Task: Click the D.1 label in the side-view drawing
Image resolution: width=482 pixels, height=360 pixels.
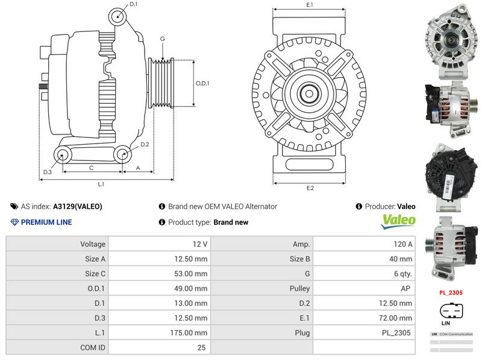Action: tap(134, 4)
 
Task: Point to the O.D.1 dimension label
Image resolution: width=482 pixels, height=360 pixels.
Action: tap(202, 83)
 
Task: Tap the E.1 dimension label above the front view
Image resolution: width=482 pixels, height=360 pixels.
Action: tap(310, 5)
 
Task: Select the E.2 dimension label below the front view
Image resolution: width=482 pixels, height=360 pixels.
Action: tap(310, 188)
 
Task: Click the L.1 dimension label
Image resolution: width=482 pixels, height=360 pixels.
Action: tap(101, 183)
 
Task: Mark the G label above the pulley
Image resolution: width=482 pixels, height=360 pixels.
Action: tap(162, 39)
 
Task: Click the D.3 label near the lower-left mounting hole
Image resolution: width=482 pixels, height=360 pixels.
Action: tap(48, 172)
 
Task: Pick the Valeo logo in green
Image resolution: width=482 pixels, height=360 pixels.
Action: tap(398, 221)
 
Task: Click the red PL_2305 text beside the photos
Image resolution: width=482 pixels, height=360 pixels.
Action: tap(451, 293)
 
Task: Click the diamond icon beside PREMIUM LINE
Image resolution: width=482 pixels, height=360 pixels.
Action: tap(15, 222)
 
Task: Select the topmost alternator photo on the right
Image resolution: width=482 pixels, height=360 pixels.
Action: tap(450, 39)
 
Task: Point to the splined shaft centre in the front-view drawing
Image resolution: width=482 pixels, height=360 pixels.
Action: tap(310, 93)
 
